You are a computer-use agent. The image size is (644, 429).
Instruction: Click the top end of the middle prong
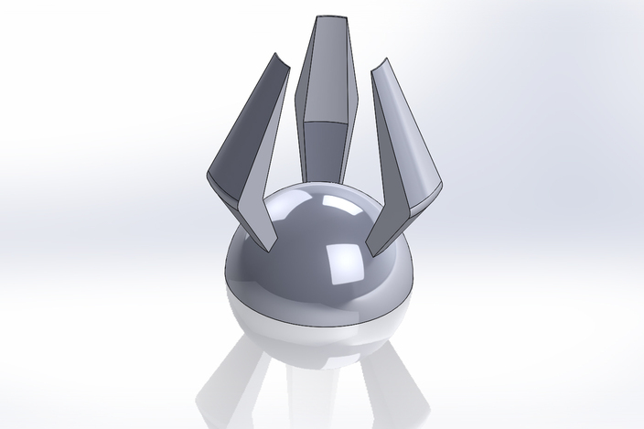(331, 19)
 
